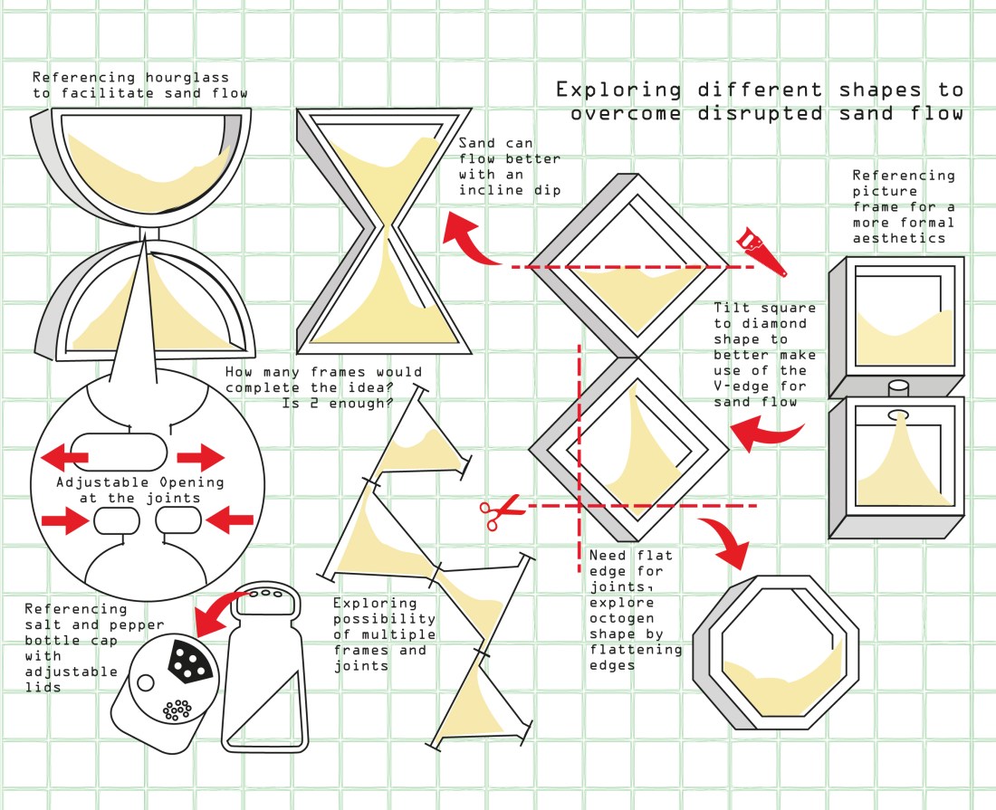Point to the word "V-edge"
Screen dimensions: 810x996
(x=738, y=386)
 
